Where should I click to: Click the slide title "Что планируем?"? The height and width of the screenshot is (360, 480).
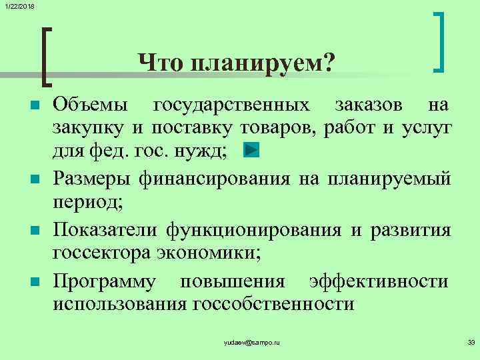(237, 64)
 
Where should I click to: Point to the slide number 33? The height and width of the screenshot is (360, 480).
(471, 342)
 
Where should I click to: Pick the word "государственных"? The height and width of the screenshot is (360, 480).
(232, 105)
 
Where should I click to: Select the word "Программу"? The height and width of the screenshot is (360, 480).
(105, 282)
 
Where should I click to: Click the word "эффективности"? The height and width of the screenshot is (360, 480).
(379, 282)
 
